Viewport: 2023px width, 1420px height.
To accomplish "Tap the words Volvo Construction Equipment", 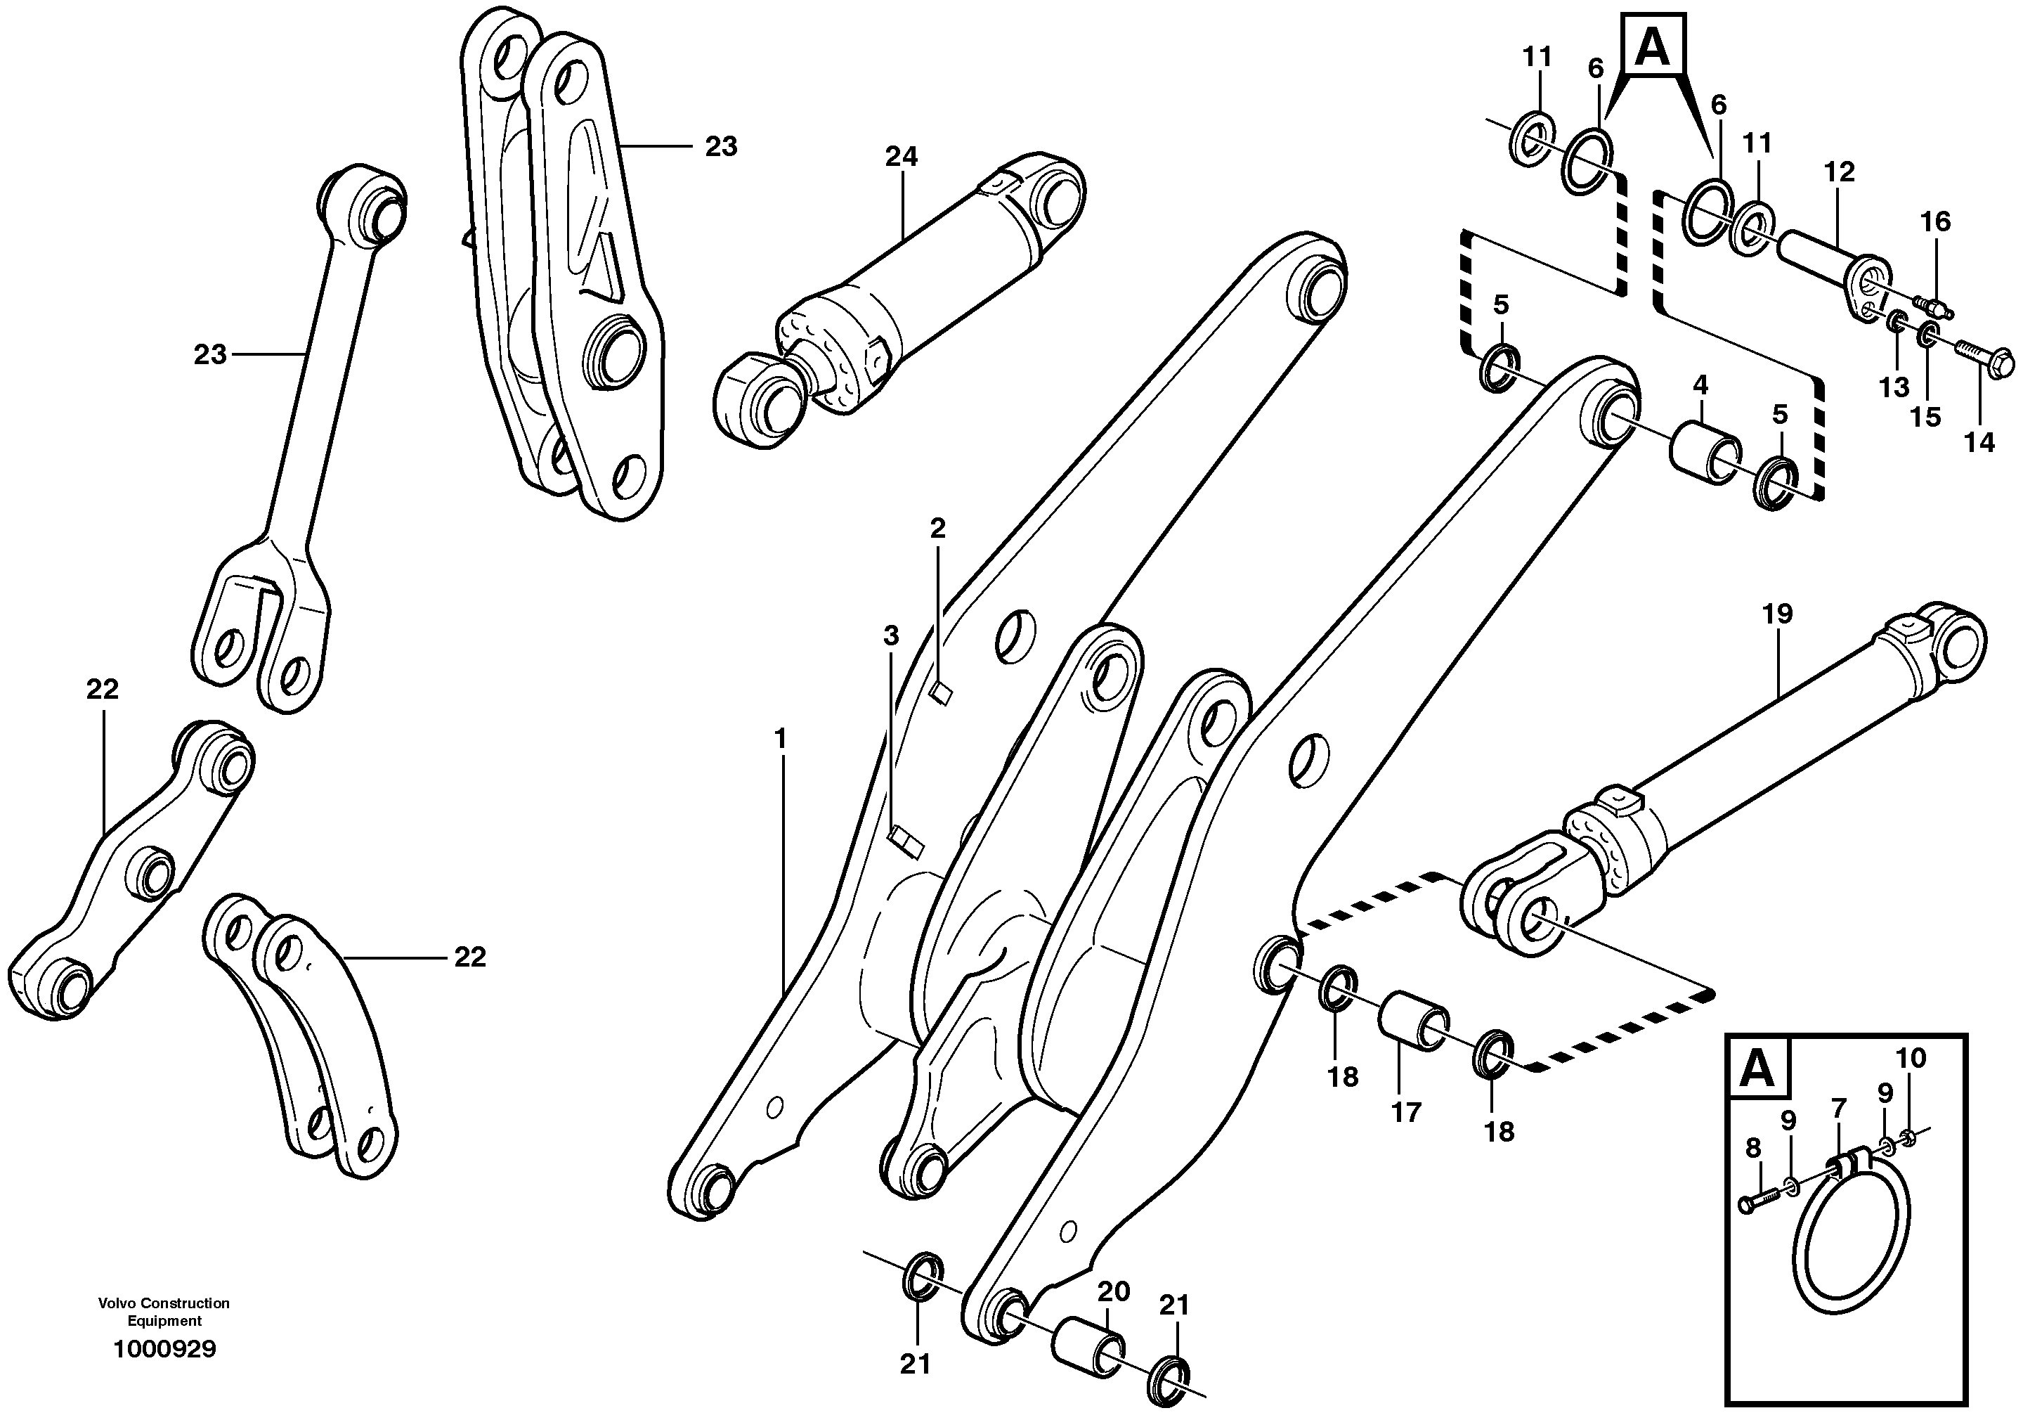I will coord(164,1312).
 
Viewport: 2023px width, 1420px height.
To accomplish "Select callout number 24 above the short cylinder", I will coord(902,157).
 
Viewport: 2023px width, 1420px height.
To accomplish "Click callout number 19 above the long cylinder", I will coord(1777,614).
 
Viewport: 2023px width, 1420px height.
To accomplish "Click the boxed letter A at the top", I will coord(1651,49).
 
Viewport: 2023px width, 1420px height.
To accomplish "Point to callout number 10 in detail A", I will coord(1911,1058).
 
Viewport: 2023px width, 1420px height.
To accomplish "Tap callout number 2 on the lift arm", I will coord(937,529).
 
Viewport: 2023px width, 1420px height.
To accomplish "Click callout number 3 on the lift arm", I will coord(891,636).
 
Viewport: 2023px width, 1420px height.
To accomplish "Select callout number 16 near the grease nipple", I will coord(1936,221).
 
